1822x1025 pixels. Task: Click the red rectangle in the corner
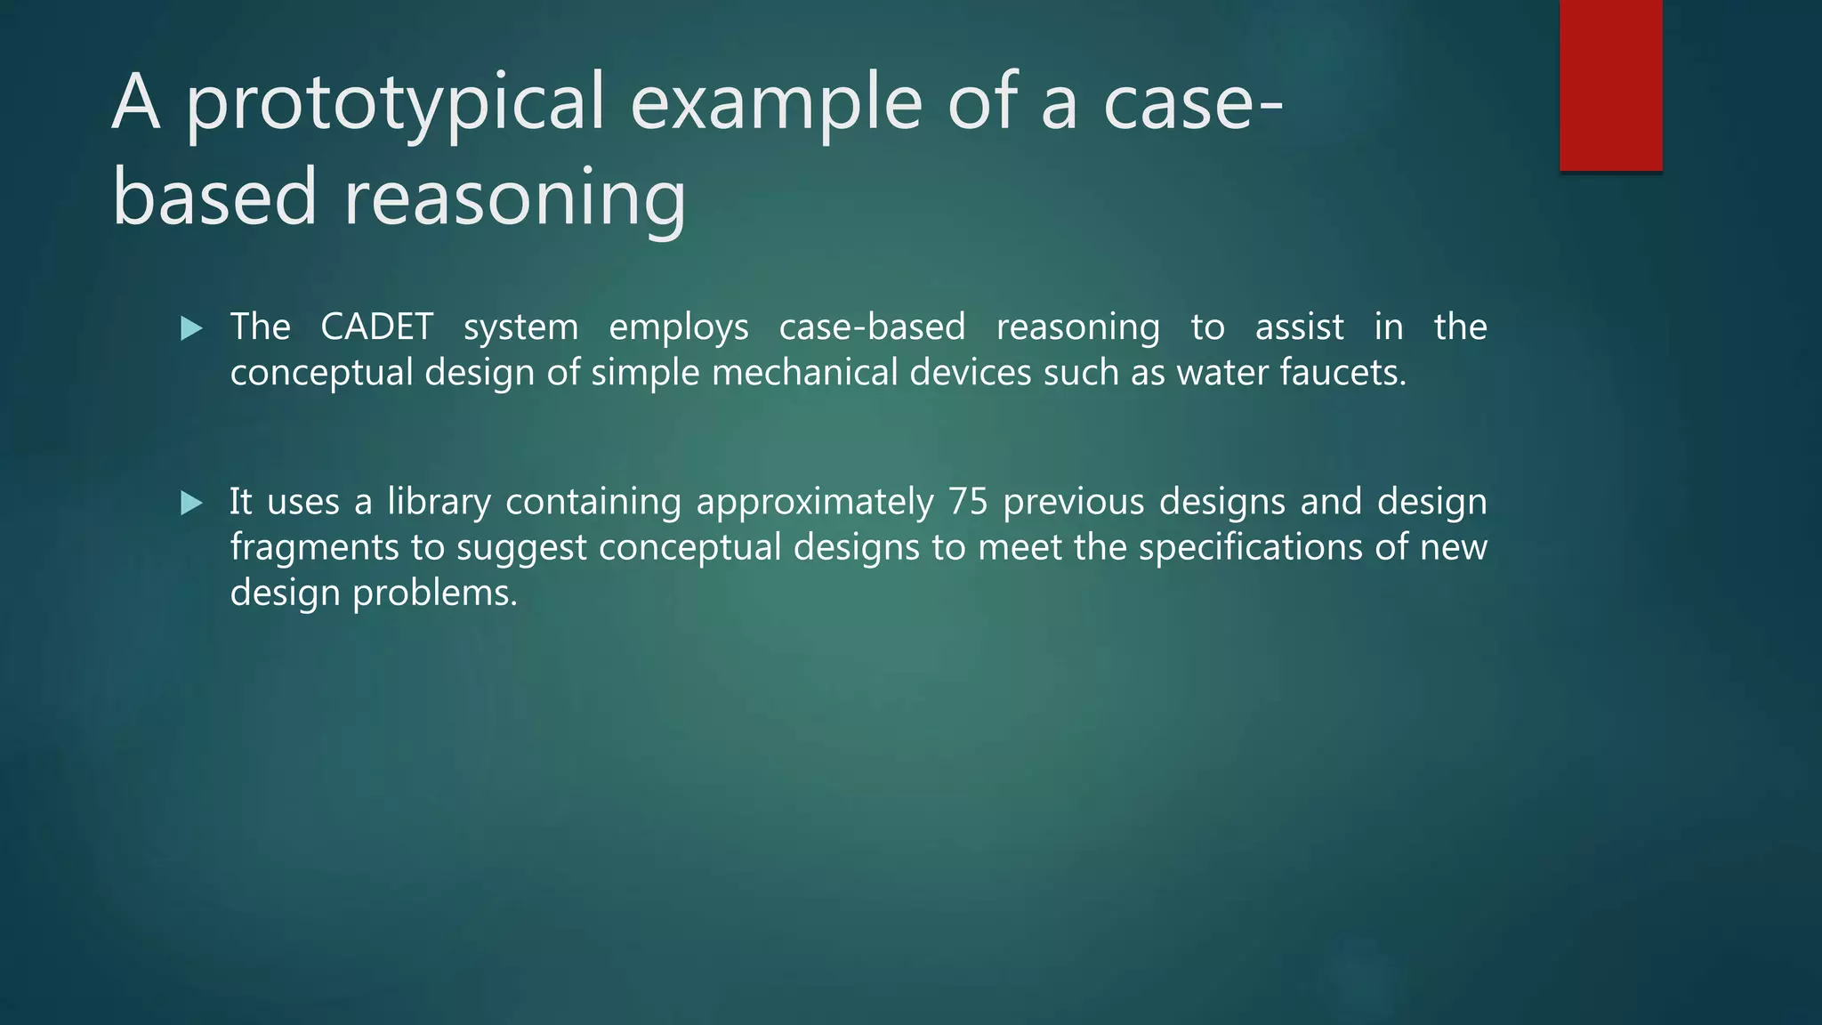coord(1610,85)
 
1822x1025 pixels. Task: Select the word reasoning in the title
coord(514,198)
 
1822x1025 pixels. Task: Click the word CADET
coord(376,327)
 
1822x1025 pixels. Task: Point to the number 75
coord(968,502)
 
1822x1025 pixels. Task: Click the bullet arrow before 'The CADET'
coord(191,328)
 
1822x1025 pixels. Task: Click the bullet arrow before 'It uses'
coord(191,504)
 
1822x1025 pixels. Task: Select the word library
coord(439,502)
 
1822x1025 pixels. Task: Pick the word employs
coord(678,328)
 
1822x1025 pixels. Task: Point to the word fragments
coord(314,547)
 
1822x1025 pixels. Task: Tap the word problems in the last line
coord(434,593)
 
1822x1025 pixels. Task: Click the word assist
coord(1299,327)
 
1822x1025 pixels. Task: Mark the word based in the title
coord(214,198)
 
